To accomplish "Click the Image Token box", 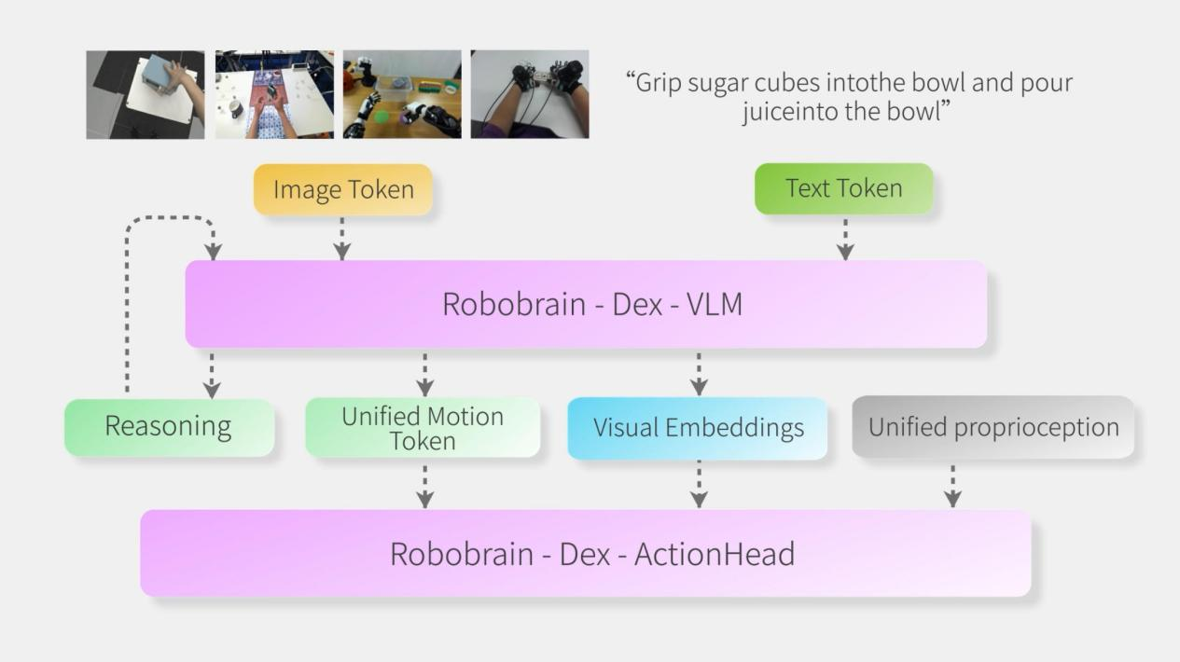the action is click(343, 189).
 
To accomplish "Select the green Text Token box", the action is click(844, 188).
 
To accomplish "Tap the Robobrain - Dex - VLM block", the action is click(587, 304).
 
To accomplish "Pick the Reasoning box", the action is click(169, 427).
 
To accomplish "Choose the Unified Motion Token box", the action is click(423, 427).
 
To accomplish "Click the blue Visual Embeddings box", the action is click(698, 428).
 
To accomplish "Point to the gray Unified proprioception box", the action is click(993, 427).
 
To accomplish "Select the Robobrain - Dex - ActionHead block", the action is click(586, 553).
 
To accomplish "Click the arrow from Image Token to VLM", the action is click(342, 239).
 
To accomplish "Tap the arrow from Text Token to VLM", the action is click(845, 240).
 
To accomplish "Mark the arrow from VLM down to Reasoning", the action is click(212, 376).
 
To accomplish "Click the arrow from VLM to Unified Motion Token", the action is click(425, 375).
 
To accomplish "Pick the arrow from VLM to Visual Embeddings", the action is click(699, 375).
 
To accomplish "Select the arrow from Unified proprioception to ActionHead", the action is click(953, 486).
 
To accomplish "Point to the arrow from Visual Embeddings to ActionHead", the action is click(699, 485).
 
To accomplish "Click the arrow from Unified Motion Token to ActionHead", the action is click(425, 487).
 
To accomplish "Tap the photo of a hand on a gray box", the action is click(146, 95).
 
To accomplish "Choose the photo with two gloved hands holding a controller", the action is click(530, 94).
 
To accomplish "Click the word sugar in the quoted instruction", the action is click(718, 84).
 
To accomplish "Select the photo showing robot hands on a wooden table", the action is click(402, 94).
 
